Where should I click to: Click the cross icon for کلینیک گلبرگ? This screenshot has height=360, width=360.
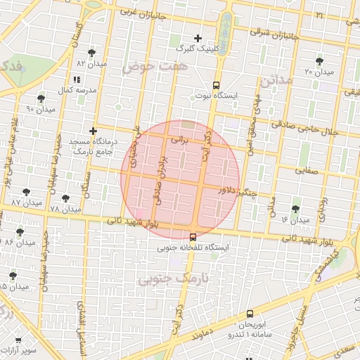click(x=198, y=38)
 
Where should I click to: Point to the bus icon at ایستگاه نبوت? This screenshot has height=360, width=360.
click(x=217, y=83)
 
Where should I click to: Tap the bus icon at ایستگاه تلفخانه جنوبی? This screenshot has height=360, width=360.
click(x=193, y=237)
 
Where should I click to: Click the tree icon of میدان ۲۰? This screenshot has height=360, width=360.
click(x=320, y=61)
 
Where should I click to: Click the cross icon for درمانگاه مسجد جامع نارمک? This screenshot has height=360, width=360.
click(x=93, y=131)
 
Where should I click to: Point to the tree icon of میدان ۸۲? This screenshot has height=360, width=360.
click(x=92, y=53)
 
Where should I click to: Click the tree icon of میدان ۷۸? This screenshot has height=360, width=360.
click(x=66, y=199)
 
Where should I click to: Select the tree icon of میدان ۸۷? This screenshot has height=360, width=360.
click(x=26, y=192)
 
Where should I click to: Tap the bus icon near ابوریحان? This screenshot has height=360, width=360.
click(x=250, y=314)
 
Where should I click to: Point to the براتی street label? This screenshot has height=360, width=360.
click(x=181, y=141)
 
